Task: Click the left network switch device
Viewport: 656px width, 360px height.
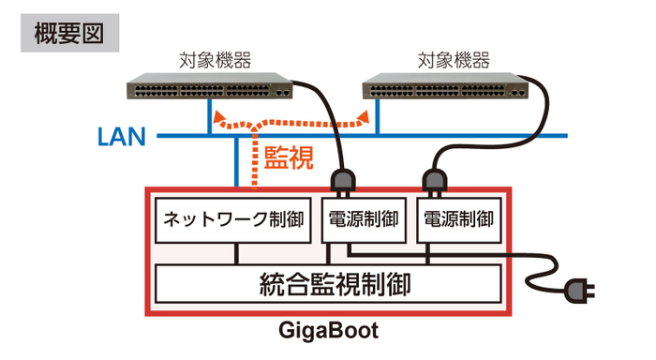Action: [x=212, y=90]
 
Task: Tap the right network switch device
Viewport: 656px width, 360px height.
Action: [x=447, y=90]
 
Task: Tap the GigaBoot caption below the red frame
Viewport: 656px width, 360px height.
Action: [x=328, y=333]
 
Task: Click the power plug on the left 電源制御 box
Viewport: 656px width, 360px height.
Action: [x=341, y=181]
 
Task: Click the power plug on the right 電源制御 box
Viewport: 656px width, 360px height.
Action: [x=435, y=180]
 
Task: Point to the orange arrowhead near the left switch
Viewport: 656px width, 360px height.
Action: [x=220, y=119]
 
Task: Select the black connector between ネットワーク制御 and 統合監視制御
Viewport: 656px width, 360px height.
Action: [x=238, y=253]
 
